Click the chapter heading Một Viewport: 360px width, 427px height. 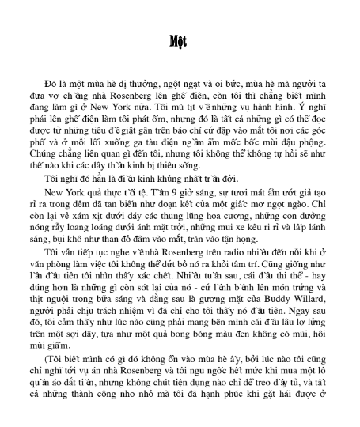(180, 42)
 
